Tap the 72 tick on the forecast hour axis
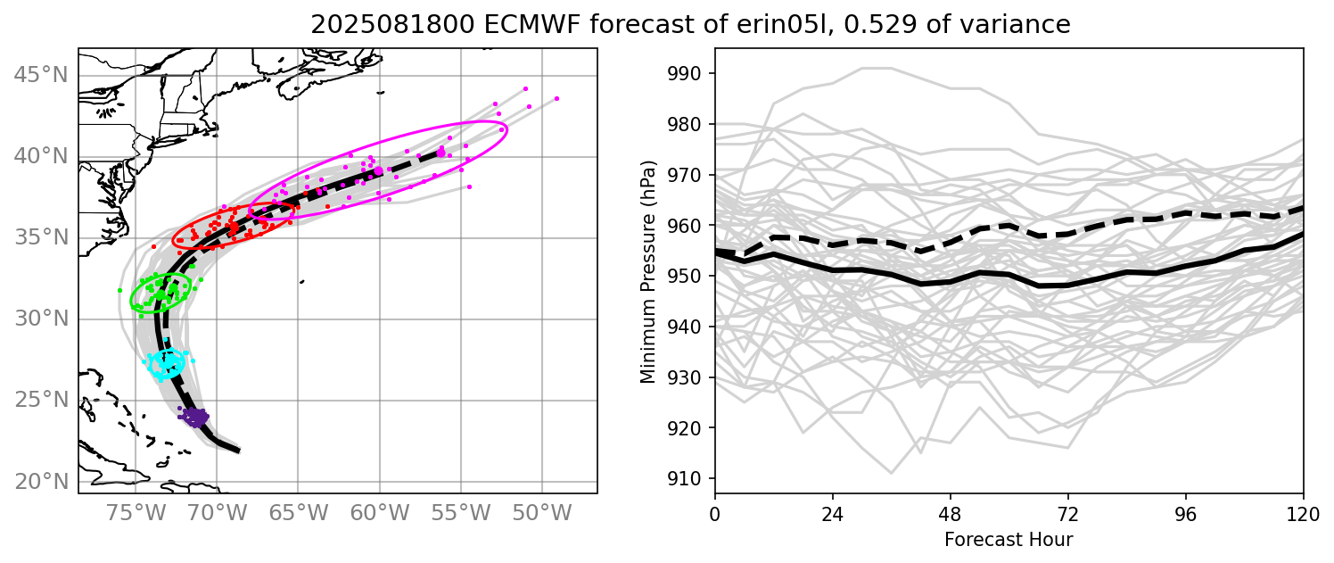[x=1068, y=514]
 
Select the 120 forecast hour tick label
[x=1303, y=514]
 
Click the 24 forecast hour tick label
[x=833, y=514]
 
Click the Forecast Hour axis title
[x=1009, y=540]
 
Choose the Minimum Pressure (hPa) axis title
[x=648, y=272]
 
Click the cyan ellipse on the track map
[x=167, y=363]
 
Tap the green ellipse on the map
[x=161, y=291]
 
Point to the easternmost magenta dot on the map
[x=556, y=98]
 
